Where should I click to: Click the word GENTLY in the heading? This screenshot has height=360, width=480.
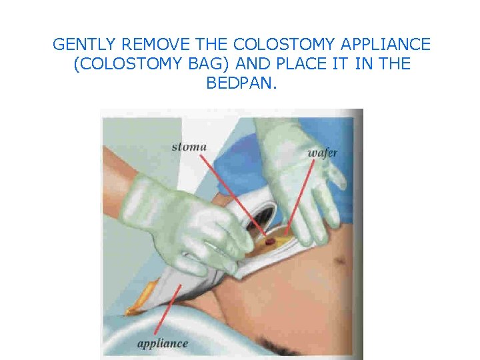tap(78, 45)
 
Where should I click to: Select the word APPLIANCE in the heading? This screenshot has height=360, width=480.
tap(386, 45)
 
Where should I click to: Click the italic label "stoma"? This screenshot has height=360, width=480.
tap(189, 147)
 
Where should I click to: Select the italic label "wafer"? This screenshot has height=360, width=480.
tap(322, 153)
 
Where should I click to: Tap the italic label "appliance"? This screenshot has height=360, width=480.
tap(163, 344)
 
